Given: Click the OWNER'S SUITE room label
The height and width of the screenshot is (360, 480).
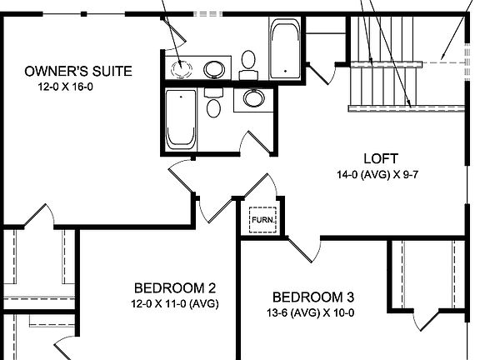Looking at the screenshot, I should (x=78, y=71).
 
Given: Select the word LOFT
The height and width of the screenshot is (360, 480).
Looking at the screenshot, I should (x=381, y=159).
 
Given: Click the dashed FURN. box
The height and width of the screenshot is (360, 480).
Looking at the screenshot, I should (x=263, y=220).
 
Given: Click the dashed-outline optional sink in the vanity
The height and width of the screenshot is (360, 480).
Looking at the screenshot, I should (x=182, y=68).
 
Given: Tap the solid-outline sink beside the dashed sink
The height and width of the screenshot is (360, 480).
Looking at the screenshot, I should (x=214, y=68).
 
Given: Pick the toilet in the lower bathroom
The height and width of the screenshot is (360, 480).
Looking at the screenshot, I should (x=213, y=106).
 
